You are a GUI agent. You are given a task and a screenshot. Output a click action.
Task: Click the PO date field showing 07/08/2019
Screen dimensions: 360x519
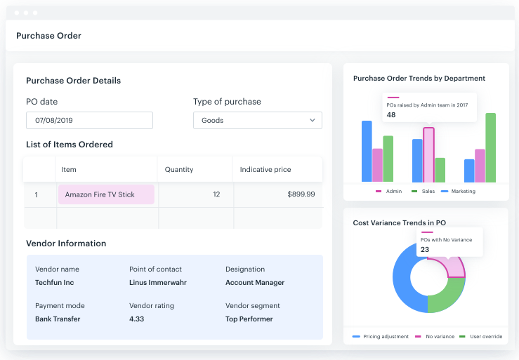(x=89, y=121)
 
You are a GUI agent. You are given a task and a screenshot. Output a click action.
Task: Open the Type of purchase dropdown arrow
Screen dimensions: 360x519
(x=313, y=121)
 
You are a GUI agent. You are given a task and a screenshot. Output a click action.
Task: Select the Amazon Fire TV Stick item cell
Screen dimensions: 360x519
(x=106, y=194)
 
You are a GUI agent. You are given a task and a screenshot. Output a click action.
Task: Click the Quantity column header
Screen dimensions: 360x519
(x=179, y=170)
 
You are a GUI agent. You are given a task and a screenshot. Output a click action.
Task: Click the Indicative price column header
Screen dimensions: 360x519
(x=265, y=170)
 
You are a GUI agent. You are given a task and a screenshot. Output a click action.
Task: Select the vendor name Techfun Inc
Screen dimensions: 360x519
(x=54, y=283)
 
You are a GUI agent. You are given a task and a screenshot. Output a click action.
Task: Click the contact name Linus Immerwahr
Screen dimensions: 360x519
(x=158, y=283)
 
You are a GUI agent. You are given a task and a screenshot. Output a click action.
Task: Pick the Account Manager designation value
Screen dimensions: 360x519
(x=255, y=283)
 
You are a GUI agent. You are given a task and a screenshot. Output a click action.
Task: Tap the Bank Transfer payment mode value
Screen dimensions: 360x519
(x=58, y=319)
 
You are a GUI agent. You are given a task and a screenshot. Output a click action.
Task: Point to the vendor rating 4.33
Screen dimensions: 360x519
(x=138, y=319)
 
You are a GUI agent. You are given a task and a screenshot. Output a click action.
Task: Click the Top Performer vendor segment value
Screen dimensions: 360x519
(x=249, y=319)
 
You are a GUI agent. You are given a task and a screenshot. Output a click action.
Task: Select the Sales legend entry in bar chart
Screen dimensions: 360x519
(x=423, y=192)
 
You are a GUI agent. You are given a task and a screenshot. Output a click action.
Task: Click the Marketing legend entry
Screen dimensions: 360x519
(x=459, y=192)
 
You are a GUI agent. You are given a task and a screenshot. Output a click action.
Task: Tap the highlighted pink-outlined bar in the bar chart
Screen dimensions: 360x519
(x=428, y=154)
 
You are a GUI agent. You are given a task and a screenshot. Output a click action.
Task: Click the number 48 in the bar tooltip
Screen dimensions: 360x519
(x=391, y=115)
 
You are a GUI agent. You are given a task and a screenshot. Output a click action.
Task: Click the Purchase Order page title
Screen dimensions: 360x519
(x=48, y=36)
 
